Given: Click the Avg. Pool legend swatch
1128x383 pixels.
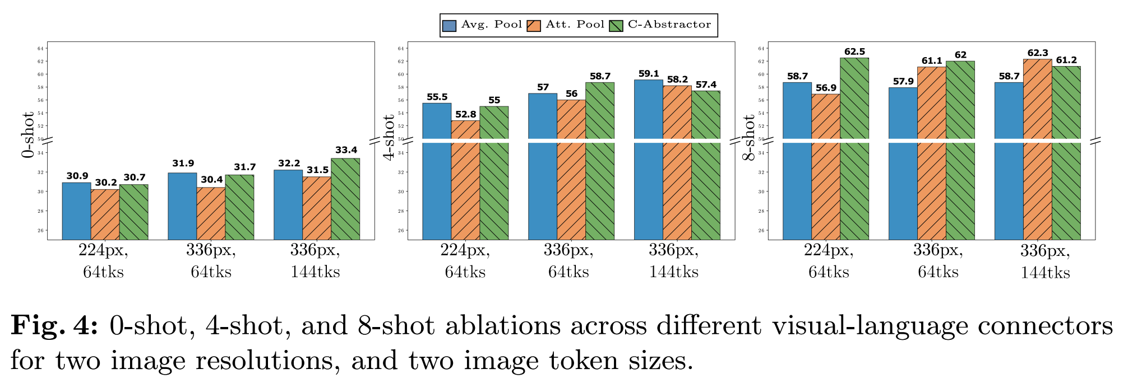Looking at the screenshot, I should tap(449, 25).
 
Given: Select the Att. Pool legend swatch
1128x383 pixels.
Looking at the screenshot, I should tap(534, 25).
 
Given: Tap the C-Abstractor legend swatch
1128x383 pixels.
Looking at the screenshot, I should tap(616, 25).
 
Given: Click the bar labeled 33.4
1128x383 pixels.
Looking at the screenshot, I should tap(345, 199).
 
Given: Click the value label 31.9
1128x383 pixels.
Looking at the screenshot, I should tap(183, 164).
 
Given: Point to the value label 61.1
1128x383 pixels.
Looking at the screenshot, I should tap(932, 60).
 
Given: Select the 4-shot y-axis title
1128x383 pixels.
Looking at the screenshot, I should tap(389, 137).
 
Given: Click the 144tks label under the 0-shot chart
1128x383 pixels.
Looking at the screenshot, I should tap(315, 272).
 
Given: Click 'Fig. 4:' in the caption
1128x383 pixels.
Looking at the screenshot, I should tap(55, 326).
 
